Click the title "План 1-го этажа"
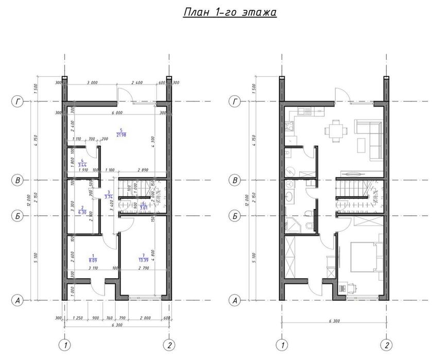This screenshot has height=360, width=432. pyautogui.click(x=230, y=12)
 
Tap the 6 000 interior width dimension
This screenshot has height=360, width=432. pyautogui.click(x=116, y=112)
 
